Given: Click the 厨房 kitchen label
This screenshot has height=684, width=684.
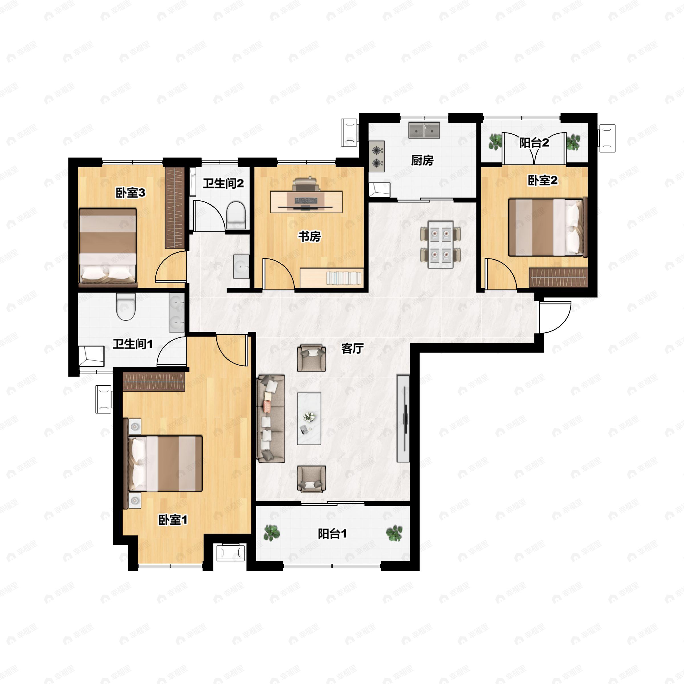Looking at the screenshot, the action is click(422, 160).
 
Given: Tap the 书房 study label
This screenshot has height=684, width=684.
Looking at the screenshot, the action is click(310, 236).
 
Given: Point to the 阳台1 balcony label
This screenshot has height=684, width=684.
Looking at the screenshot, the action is click(332, 534).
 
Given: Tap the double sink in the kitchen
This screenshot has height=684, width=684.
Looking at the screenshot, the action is click(424, 130).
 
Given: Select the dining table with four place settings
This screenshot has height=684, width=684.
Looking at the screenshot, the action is click(440, 244).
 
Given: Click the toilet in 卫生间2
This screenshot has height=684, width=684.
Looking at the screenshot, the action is click(236, 215).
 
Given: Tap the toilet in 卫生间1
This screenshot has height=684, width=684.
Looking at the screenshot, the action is click(126, 306).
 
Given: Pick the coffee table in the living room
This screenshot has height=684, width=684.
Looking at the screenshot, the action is click(309, 418).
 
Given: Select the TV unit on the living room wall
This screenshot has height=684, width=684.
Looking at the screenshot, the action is click(403, 418).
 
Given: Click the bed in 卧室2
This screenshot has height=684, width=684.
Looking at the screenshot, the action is click(547, 227).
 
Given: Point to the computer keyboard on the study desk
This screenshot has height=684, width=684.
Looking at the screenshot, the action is click(306, 201).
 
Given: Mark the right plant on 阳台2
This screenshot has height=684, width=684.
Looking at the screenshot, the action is click(573, 142).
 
